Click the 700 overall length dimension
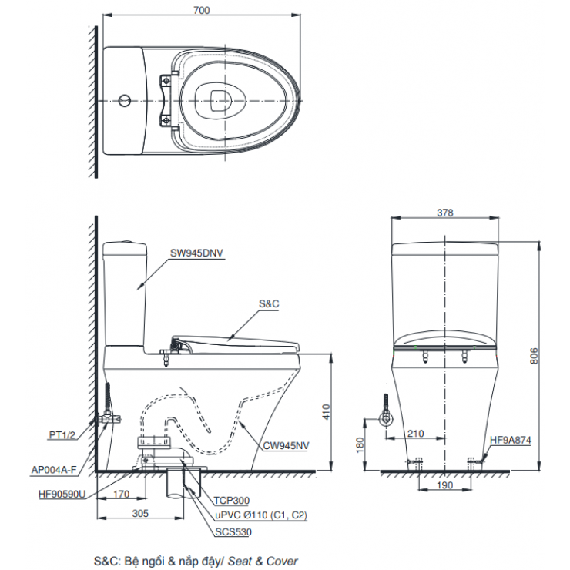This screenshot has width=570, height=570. pos(202,10)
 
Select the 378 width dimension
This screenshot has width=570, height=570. pos(444,213)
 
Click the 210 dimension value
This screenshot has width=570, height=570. pos(415,434)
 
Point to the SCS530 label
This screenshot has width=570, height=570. pos(233,531)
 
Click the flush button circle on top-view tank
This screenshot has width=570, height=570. pos(124,100)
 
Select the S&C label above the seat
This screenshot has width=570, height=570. pos(267,304)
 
